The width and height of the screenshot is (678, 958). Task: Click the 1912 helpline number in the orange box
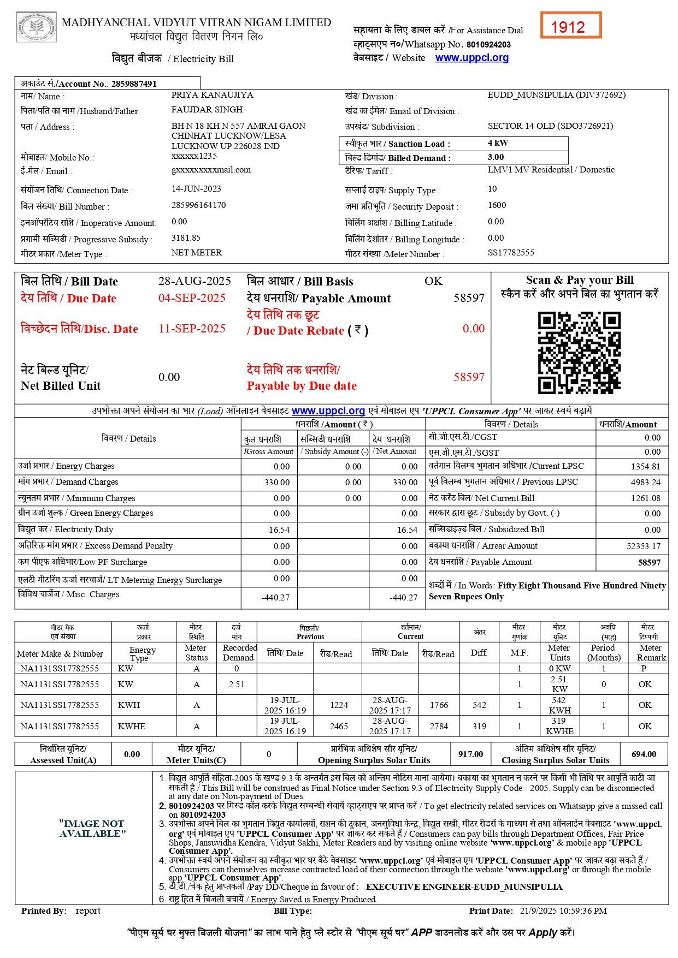pos(568,27)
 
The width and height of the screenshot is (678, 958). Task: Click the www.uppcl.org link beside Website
pos(471,58)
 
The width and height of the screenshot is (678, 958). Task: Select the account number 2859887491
pos(134,84)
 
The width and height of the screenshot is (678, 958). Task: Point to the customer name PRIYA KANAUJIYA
pos(212,95)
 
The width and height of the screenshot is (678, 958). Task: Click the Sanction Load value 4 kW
pos(498,143)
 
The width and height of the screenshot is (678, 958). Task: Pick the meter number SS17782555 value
pos(511,253)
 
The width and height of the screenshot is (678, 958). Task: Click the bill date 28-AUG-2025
pos(194,281)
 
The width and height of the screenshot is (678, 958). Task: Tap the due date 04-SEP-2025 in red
pos(192,298)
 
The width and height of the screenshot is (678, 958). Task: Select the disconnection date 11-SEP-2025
pos(192,329)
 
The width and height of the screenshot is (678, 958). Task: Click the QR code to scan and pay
pos(579,353)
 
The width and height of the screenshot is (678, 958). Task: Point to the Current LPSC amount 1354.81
pos(645,467)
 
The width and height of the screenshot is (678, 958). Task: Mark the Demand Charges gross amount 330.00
pos(277,483)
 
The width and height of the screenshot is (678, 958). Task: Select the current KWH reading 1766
pos(439,705)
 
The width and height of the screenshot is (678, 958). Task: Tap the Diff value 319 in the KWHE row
pos(479,727)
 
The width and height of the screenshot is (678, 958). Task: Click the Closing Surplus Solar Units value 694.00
pos(644,754)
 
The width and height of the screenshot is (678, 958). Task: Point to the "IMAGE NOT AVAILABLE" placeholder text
pos(92,829)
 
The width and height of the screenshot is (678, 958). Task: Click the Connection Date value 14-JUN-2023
pos(196,189)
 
